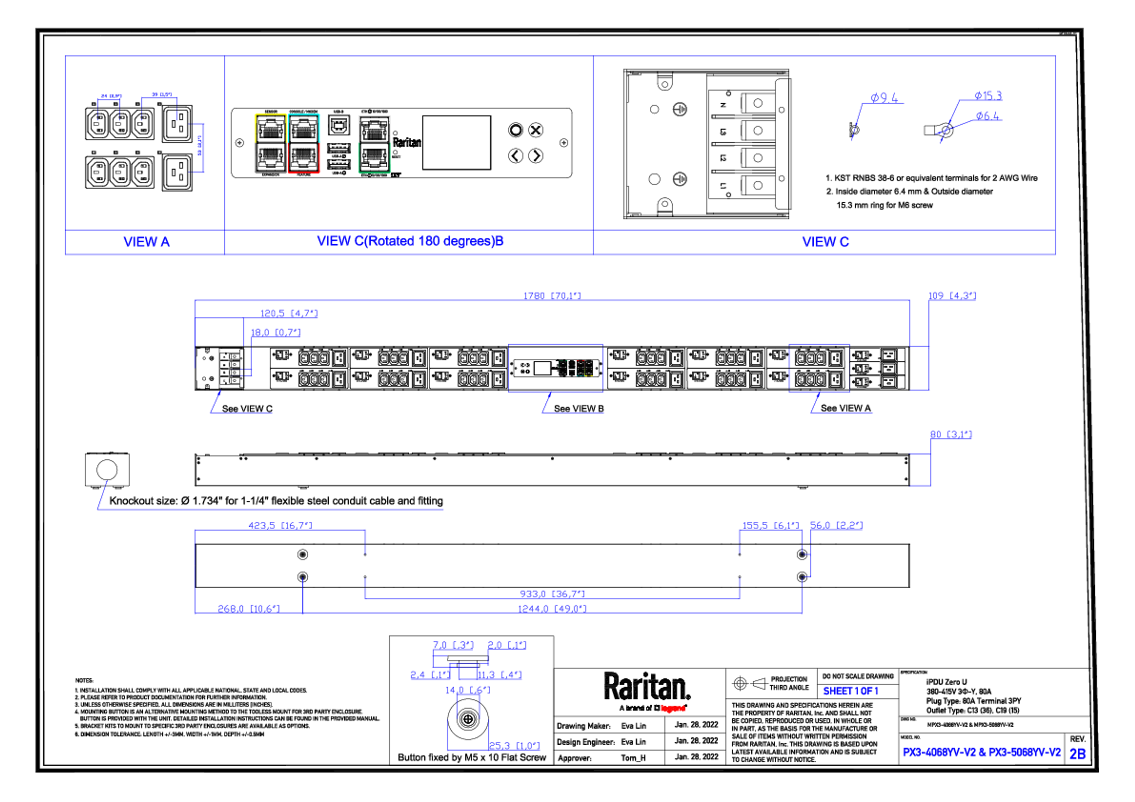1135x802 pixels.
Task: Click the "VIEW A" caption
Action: pos(146,242)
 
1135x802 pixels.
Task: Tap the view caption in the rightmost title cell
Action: pos(826,242)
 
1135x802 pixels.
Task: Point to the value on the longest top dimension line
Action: pos(552,295)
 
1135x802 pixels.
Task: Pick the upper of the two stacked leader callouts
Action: pos(988,95)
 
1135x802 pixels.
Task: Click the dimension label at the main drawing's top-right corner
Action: pos(952,295)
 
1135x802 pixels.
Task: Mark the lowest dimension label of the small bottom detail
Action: pos(514,746)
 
